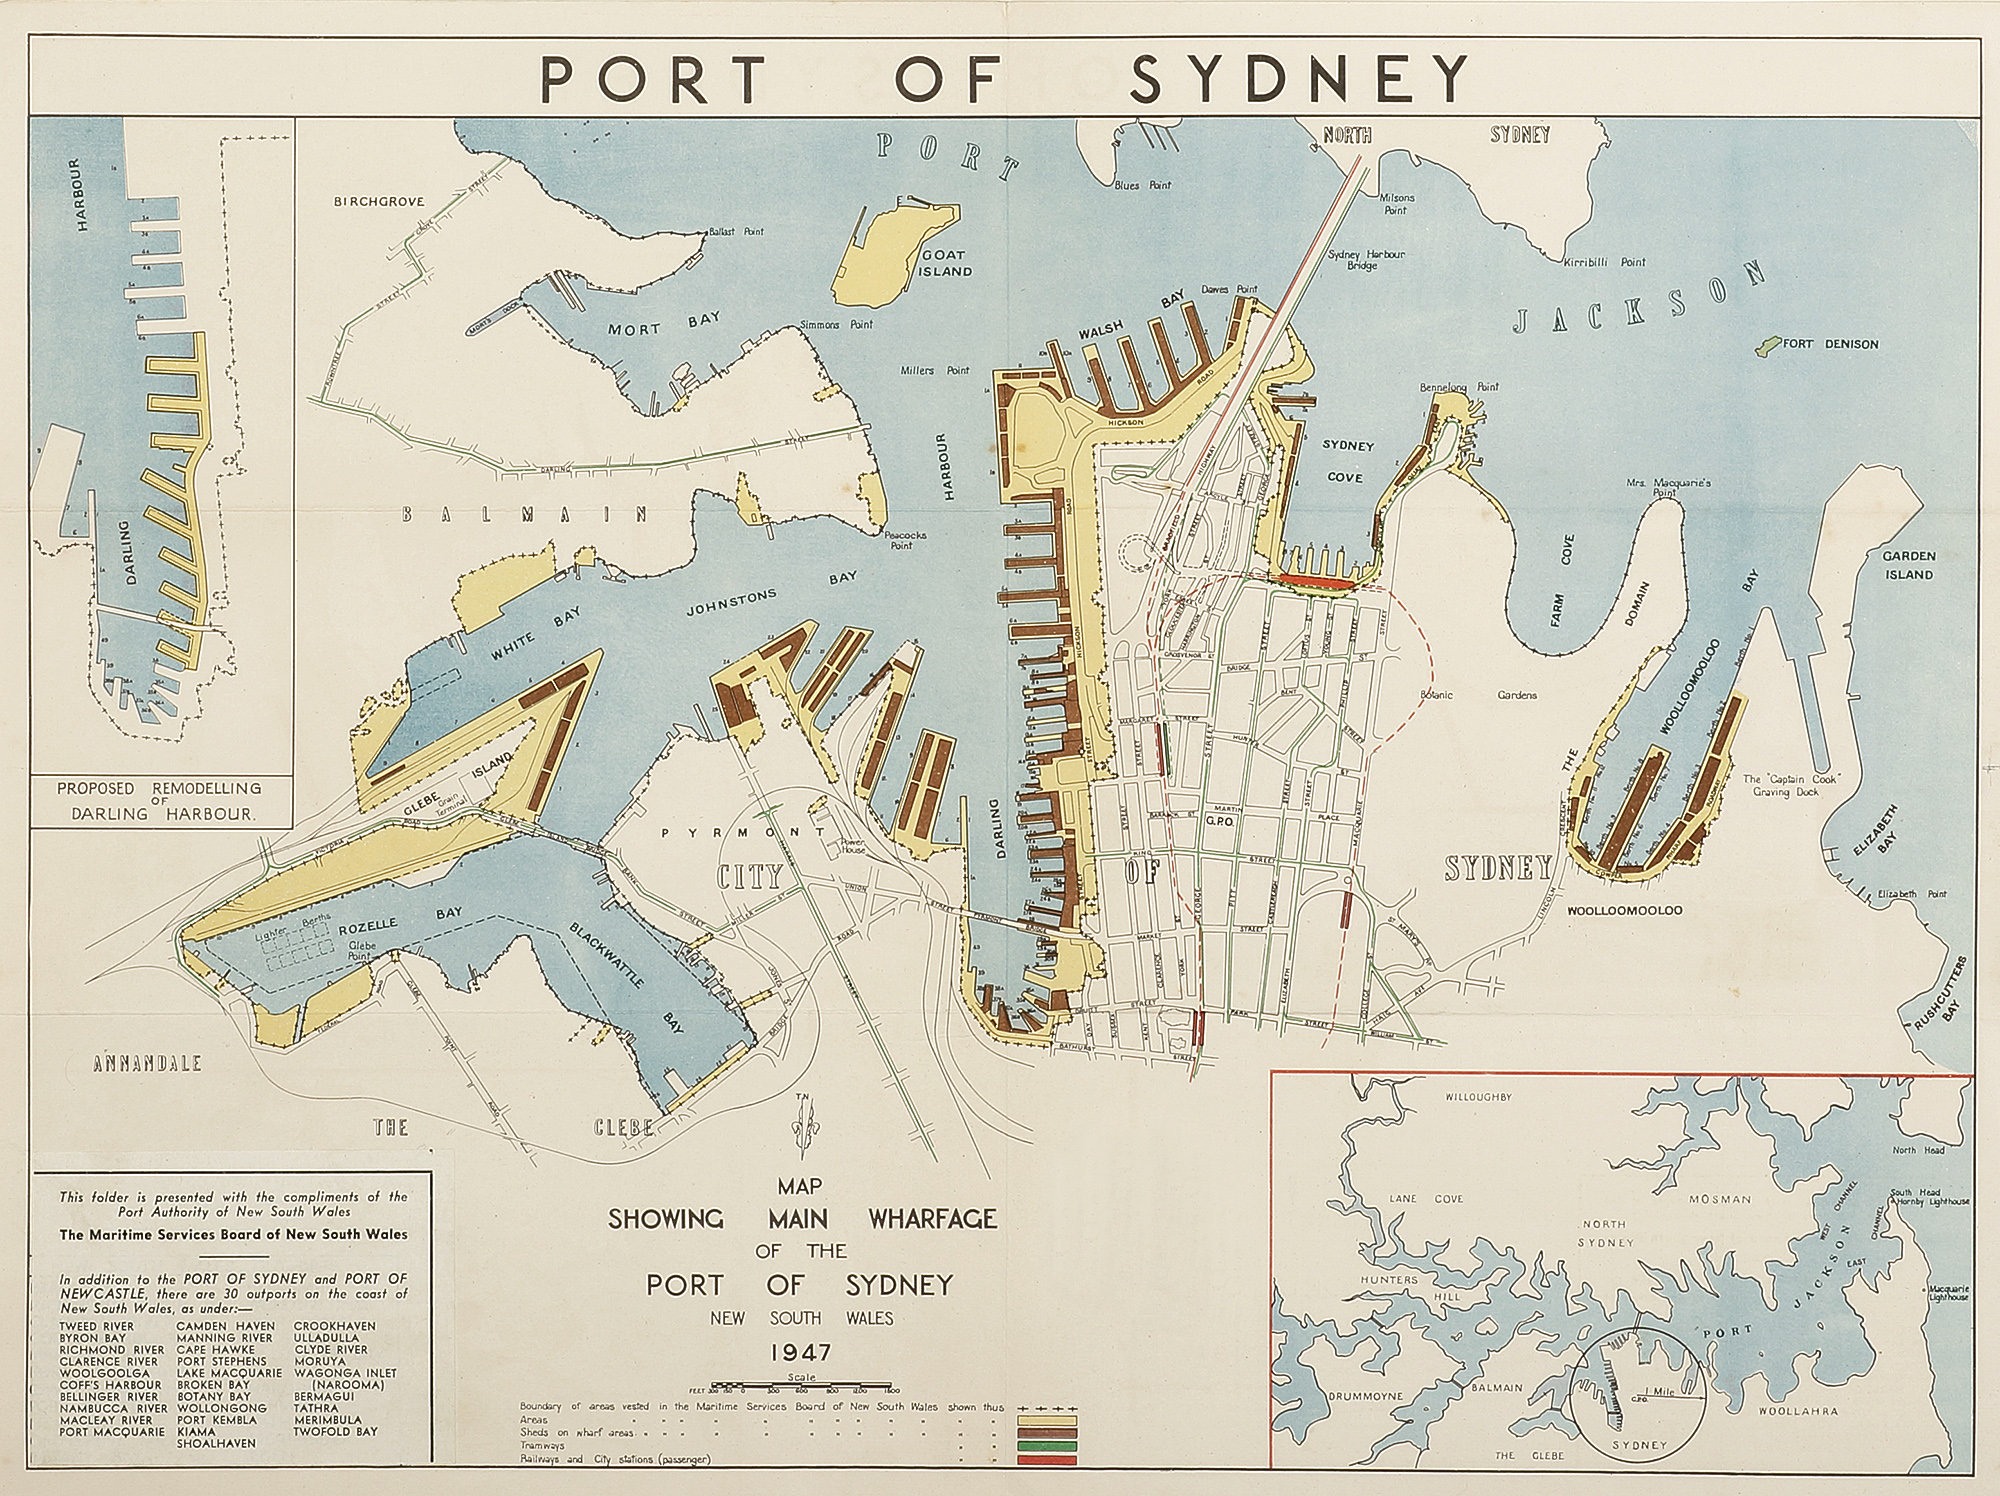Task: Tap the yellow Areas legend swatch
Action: (x=1046, y=1420)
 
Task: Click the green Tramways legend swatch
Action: (x=1046, y=1445)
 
